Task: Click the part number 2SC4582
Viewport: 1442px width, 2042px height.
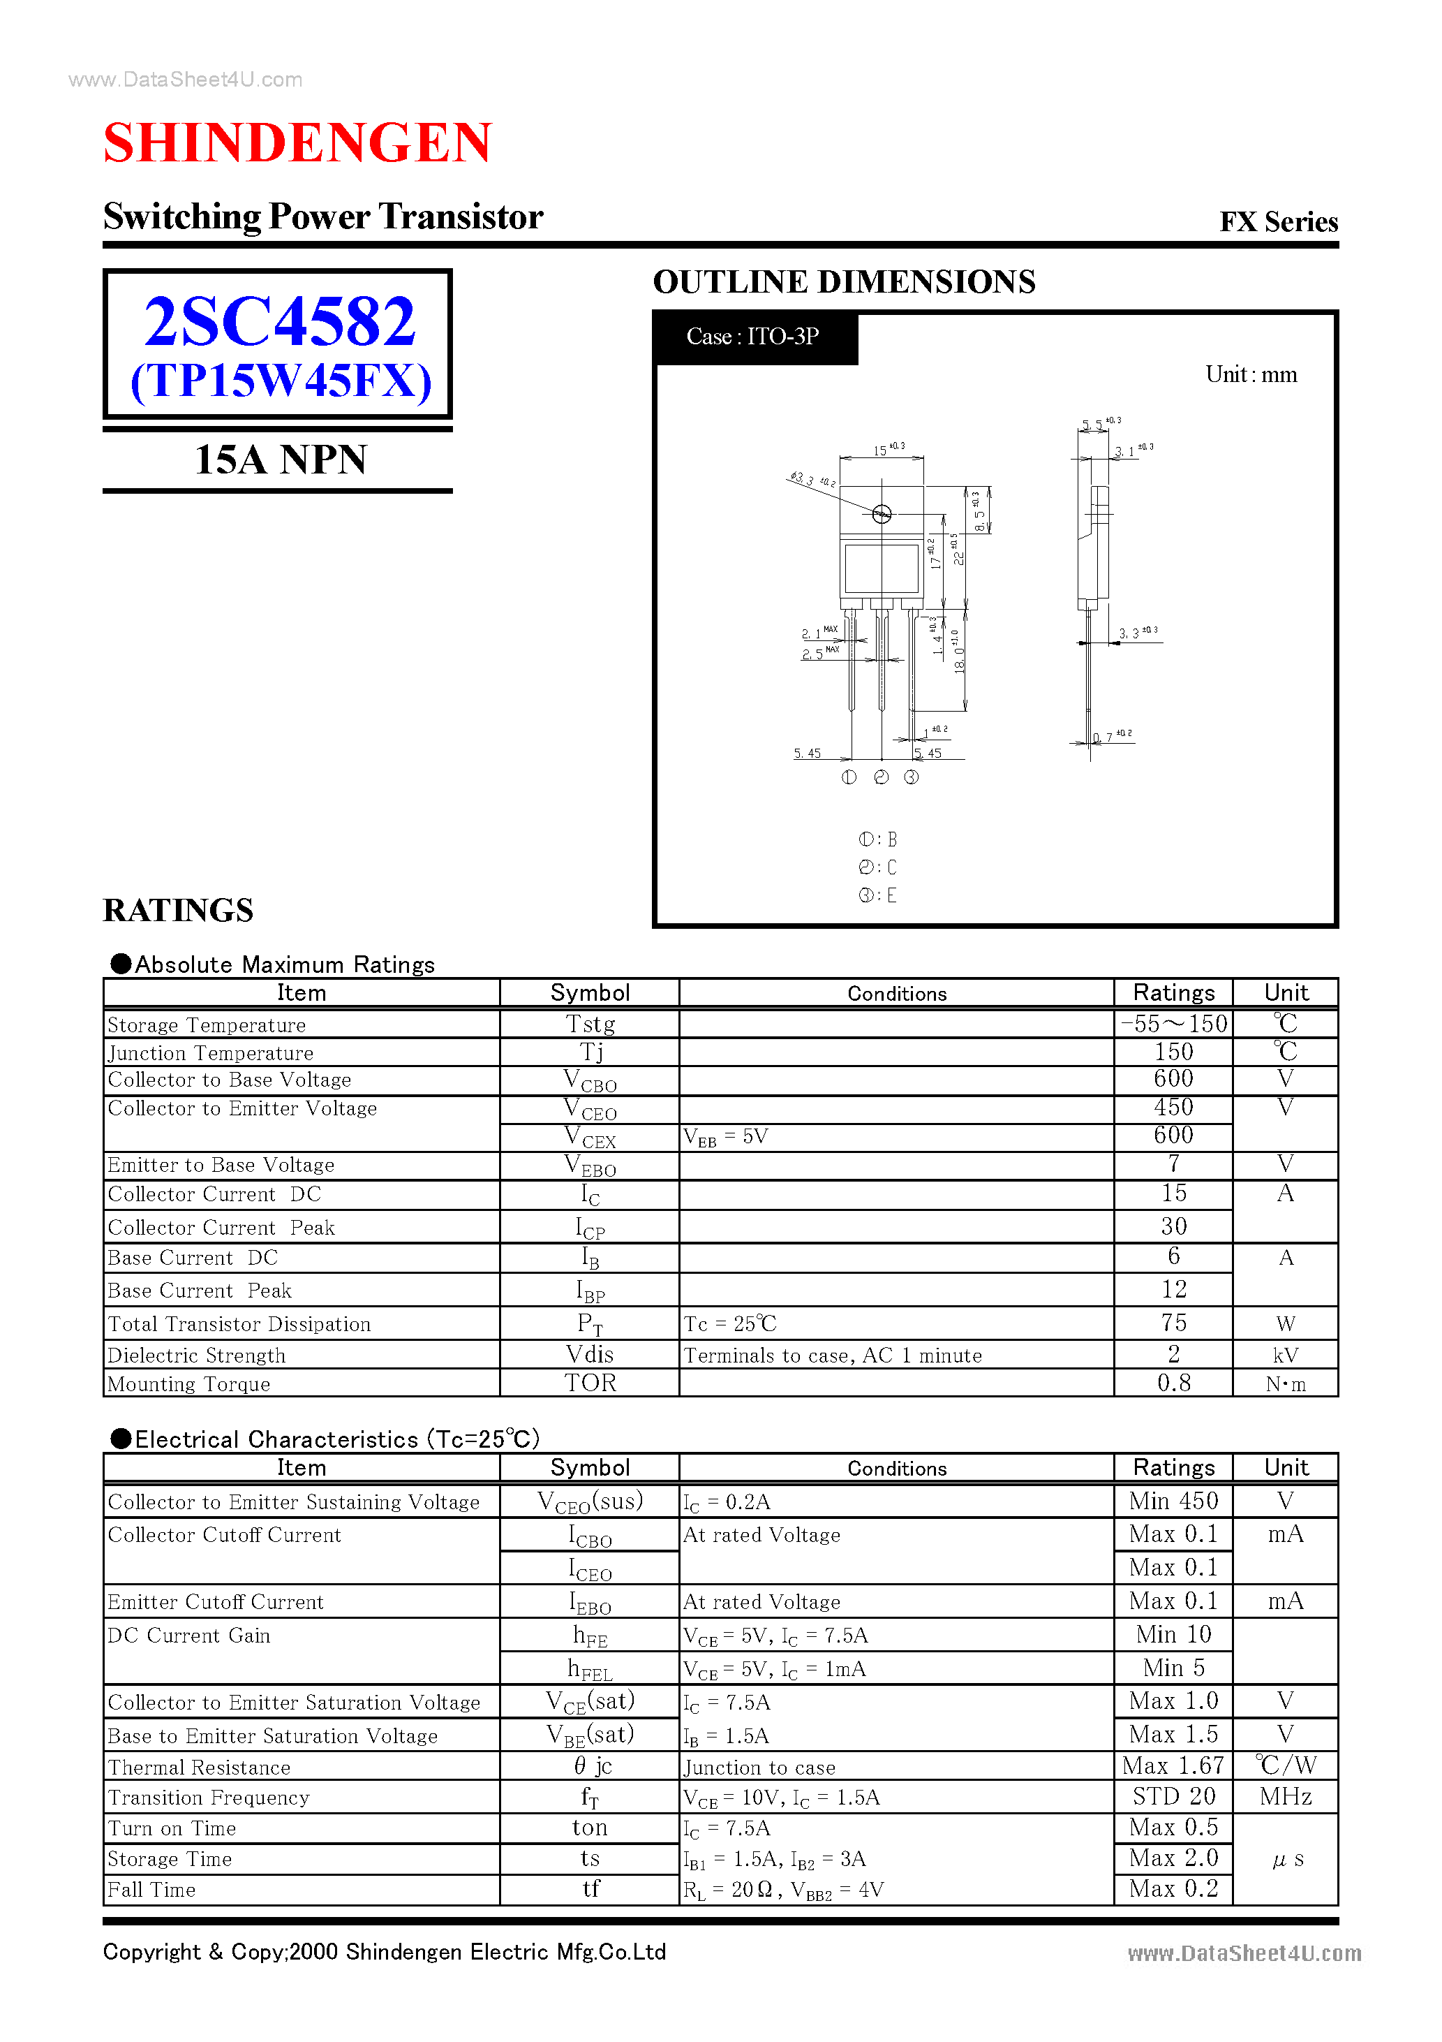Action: coord(279,322)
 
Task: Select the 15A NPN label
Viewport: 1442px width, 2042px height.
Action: coord(280,460)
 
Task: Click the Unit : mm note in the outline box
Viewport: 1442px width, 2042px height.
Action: coord(1250,374)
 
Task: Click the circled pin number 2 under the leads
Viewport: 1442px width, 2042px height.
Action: coord(881,777)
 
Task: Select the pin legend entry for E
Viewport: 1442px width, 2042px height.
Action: coord(878,895)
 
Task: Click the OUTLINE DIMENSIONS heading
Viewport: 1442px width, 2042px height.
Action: coord(844,282)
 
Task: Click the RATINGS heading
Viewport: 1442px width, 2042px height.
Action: coord(178,911)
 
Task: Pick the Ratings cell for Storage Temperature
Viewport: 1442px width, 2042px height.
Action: coord(1173,1024)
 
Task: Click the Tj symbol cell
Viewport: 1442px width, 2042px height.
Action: coord(590,1052)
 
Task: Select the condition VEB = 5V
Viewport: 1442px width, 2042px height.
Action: coord(725,1137)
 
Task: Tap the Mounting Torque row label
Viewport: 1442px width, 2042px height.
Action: coord(188,1384)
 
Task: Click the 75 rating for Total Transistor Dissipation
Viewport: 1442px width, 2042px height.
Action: coord(1173,1323)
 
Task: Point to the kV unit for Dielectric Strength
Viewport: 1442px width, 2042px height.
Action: coord(1285,1356)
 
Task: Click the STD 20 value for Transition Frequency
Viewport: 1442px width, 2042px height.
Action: coord(1173,1797)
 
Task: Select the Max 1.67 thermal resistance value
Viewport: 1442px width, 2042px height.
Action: coord(1173,1765)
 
